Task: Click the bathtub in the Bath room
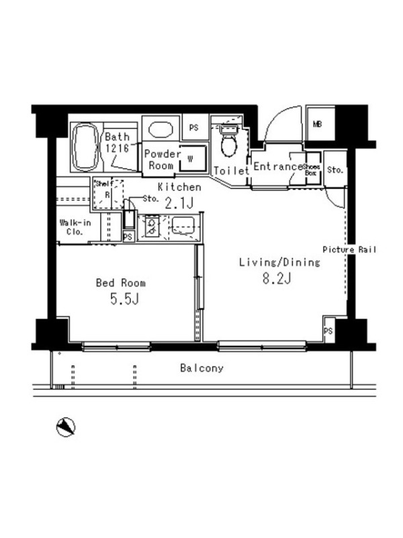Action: click(86, 147)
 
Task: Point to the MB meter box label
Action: click(317, 124)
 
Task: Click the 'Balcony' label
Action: click(202, 369)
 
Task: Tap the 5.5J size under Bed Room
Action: click(124, 299)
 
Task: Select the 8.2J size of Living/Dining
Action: click(277, 278)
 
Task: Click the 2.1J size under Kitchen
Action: click(179, 204)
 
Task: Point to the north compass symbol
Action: click(65, 427)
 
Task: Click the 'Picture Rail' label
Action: click(349, 249)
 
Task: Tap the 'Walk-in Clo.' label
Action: click(75, 227)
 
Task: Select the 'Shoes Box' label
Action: click(312, 170)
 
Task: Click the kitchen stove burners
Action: click(152, 227)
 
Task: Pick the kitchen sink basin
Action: click(183, 226)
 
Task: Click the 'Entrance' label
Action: click(278, 167)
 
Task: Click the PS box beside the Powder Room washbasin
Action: click(194, 128)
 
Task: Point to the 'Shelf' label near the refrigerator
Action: click(104, 184)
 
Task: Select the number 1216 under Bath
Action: click(117, 148)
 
